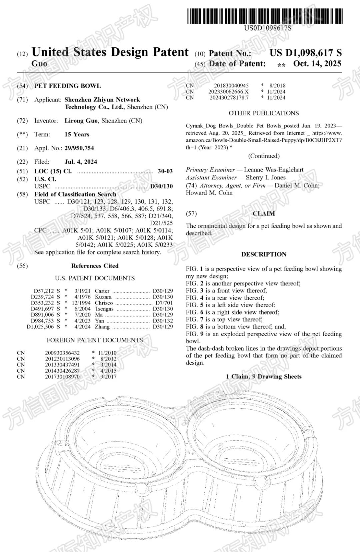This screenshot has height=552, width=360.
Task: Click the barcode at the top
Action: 265,16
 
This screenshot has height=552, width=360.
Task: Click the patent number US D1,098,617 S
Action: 305,53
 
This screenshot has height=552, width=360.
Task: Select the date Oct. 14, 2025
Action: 317,63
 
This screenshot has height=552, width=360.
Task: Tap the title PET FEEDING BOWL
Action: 67,86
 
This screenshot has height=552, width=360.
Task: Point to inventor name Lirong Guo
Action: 81,120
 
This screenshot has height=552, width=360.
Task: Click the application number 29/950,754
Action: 79,148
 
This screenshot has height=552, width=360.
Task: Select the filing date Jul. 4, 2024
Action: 81,162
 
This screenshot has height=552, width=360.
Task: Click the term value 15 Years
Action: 77,134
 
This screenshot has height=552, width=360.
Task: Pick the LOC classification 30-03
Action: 165,171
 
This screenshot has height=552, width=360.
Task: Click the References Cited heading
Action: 95,266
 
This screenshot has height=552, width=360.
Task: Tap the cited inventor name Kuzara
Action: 103,297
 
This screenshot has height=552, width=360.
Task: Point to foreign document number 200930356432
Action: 62,353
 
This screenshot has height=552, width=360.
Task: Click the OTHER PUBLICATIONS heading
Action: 264,113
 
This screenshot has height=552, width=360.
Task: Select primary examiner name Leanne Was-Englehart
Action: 274,169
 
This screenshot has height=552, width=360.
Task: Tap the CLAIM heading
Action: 264,213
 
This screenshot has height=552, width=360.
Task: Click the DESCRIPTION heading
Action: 264,254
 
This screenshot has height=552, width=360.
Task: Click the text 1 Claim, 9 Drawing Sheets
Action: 264,377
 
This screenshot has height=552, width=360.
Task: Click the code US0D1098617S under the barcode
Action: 268,28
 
